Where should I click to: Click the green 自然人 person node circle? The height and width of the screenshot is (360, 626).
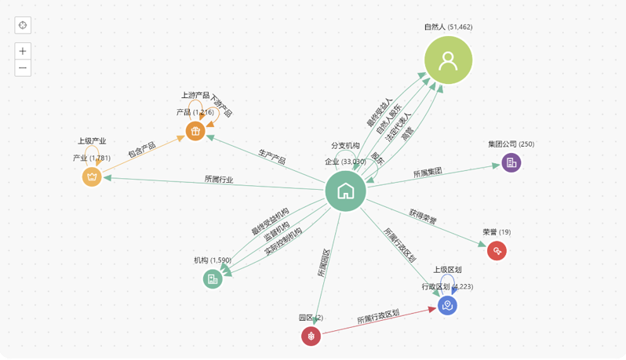[x=449, y=60]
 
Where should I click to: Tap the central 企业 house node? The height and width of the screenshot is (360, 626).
[x=345, y=191]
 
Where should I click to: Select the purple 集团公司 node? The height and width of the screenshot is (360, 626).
[x=511, y=162]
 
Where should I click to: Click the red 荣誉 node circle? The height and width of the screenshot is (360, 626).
[x=497, y=251]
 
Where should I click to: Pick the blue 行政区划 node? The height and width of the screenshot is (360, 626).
[x=447, y=306]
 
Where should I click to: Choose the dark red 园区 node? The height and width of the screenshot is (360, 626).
[x=311, y=336]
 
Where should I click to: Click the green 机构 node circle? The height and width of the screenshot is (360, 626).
[x=213, y=278]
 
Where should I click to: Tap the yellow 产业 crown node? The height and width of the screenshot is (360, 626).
[x=93, y=176]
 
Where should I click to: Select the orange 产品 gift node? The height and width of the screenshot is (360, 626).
[x=195, y=131]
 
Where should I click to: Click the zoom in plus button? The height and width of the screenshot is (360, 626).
[x=24, y=51]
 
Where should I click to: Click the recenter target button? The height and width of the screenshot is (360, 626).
[x=24, y=25]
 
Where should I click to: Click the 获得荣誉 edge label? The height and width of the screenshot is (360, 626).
[x=423, y=218]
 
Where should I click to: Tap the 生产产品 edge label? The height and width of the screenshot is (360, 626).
[x=272, y=156]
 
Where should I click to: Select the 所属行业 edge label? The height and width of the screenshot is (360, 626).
[x=219, y=180]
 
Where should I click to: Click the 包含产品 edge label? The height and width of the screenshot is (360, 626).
[x=142, y=151]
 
